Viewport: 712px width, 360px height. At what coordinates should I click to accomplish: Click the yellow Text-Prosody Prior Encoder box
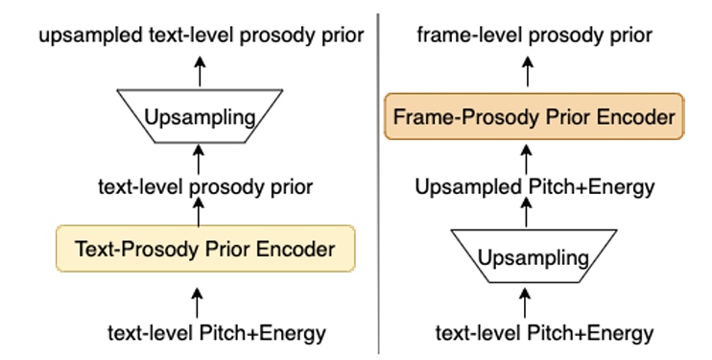pos(205,249)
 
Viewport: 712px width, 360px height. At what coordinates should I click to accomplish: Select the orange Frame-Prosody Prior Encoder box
pos(534,116)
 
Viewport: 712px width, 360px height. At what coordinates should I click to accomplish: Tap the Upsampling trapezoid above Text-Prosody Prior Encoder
pos(200,116)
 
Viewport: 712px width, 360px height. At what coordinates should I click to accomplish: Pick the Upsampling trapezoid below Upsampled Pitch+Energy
pos(534,256)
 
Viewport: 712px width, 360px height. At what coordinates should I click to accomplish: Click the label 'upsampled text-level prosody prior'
pos(202,36)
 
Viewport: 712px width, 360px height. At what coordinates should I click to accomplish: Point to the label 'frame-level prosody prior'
pos(534,35)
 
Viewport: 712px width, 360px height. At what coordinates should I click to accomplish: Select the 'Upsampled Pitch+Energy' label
pos(534,187)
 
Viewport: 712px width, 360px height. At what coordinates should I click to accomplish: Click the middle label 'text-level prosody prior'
pos(205,187)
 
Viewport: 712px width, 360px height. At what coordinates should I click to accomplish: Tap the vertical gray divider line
pos(378,183)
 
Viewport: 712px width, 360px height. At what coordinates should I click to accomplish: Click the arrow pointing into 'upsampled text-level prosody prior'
pos(200,71)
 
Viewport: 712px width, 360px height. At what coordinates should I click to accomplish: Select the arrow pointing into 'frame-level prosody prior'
pos(527,71)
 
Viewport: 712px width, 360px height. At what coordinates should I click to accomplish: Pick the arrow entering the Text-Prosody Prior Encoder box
pos(197,302)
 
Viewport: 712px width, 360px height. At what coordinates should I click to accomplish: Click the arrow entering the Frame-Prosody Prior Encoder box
pos(526,159)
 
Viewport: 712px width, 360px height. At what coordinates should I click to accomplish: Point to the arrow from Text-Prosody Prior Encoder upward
pos(199,212)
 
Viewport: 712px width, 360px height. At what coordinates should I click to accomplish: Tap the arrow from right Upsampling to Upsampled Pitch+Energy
pos(526,212)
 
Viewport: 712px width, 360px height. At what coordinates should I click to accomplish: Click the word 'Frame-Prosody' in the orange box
pos(466,117)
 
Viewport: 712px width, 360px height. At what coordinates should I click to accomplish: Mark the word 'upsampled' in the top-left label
pos(90,36)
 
